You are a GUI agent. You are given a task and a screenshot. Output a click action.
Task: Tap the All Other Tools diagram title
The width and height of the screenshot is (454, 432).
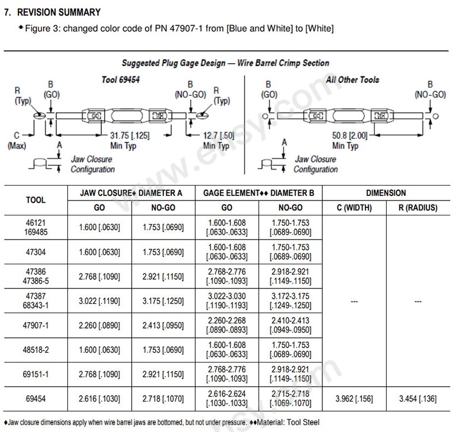(352, 79)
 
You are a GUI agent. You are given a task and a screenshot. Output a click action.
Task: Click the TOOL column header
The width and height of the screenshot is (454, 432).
(36, 200)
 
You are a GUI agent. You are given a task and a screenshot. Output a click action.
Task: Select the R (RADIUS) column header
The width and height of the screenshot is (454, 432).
(418, 207)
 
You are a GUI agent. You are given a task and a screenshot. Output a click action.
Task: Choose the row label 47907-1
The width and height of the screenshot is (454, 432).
(36, 325)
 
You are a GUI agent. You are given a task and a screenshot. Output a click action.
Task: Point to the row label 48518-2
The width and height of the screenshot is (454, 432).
(36, 350)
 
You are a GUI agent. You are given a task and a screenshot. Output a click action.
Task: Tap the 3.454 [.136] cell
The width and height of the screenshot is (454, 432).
(418, 398)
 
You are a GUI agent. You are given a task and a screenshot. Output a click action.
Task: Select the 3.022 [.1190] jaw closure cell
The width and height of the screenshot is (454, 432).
(99, 301)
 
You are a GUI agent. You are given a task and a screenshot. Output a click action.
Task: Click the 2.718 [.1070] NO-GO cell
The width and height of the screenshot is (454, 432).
(163, 398)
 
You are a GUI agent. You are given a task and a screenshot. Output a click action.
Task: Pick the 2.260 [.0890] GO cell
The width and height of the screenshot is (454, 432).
(99, 325)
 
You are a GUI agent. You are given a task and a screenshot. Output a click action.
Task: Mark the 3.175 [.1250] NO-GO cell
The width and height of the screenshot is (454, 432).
(163, 301)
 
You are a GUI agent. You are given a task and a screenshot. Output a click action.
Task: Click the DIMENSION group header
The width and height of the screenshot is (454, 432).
(385, 193)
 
